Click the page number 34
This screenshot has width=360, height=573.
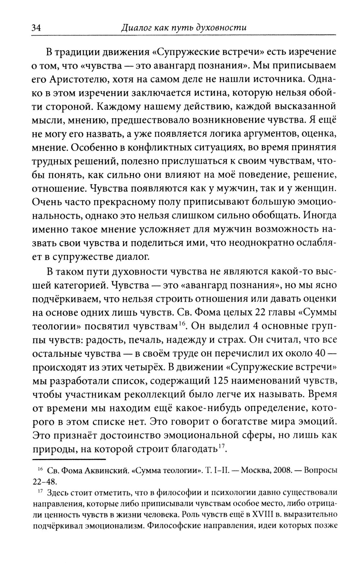click(37, 27)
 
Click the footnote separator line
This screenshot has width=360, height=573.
click(69, 460)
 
